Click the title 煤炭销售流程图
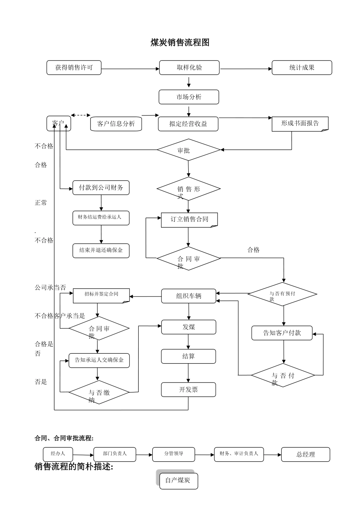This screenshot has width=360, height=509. pyautogui.click(x=180, y=43)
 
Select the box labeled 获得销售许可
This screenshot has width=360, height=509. pyautogui.click(x=74, y=68)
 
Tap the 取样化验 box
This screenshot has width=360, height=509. pyautogui.click(x=189, y=68)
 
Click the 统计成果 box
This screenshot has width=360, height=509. pyautogui.click(x=302, y=68)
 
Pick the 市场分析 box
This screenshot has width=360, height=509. pyautogui.click(x=189, y=97)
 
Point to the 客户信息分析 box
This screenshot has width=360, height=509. pyautogui.click(x=116, y=124)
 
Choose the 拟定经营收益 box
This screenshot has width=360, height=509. pyautogui.click(x=188, y=124)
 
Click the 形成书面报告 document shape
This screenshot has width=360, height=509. pyautogui.click(x=300, y=123)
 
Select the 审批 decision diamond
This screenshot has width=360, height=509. pyautogui.click(x=188, y=150)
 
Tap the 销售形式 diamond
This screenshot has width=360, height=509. pyautogui.click(x=188, y=189)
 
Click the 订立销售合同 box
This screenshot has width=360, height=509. pyautogui.click(x=189, y=220)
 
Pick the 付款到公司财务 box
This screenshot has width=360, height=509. pyautogui.click(x=101, y=187)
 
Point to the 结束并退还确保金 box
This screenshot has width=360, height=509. pyautogui.click(x=101, y=250)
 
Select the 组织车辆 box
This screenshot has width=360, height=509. pyautogui.click(x=189, y=296)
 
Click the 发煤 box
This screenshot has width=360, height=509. pyautogui.click(x=189, y=327)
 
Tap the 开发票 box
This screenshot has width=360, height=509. pyautogui.click(x=188, y=389)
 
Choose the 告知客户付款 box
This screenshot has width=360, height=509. pyautogui.click(x=282, y=333)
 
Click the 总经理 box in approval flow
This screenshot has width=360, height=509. pyautogui.click(x=305, y=454)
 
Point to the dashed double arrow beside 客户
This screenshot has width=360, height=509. pyautogui.click(x=81, y=115)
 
